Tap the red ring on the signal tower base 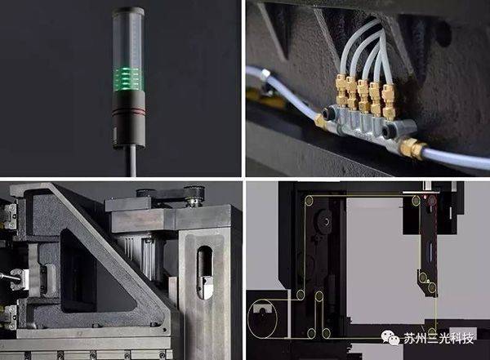click(128, 111)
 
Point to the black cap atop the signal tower click(128, 11)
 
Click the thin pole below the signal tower click(132, 161)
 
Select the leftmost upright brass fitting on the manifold click(341, 88)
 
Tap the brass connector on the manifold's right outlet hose click(410, 149)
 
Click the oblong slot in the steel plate click(204, 273)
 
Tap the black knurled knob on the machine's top click(144, 193)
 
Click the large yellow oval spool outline click(262, 318)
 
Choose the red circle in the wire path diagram click(432, 200)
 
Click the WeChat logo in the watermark click(390, 338)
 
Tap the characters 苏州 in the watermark click(415, 339)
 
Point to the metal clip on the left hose click(265, 73)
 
